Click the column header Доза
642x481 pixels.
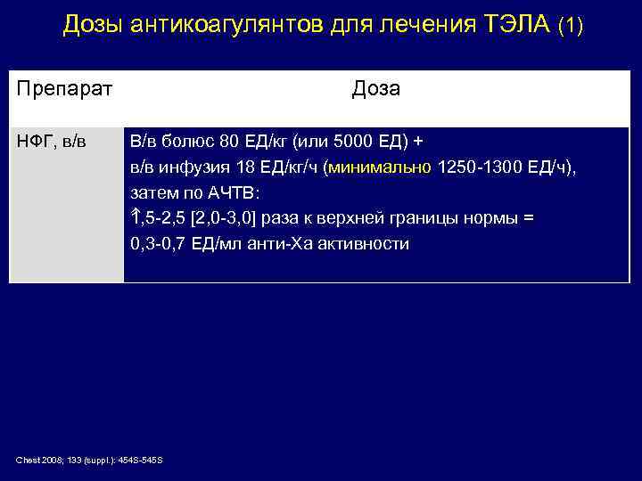(x=375, y=89)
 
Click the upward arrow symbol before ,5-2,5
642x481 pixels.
(x=136, y=217)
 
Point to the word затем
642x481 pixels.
(x=152, y=192)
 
